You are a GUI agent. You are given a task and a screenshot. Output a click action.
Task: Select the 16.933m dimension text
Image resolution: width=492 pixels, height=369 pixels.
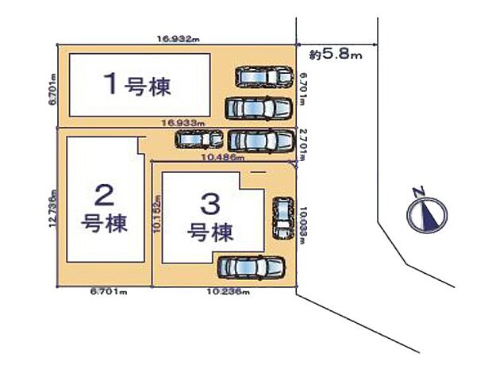182,124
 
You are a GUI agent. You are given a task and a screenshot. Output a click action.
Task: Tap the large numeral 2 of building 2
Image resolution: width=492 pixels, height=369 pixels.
102,194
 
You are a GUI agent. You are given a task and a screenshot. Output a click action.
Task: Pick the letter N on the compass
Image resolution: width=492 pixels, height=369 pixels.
418,191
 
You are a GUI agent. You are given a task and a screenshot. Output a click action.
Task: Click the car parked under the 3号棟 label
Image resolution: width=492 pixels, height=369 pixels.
251,269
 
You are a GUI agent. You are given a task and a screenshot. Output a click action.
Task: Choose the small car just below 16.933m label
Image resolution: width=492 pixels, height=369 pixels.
200,140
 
